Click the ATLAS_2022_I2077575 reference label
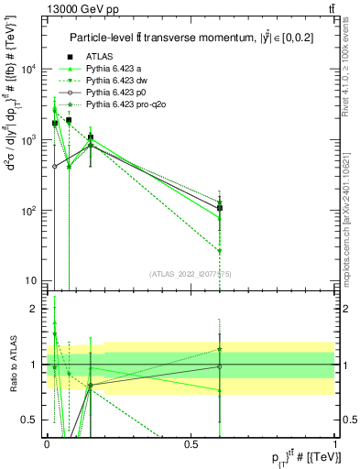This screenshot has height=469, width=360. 191,273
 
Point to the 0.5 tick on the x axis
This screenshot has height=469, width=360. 191,443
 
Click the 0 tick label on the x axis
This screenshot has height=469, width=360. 47,443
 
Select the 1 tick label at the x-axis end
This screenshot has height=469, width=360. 335,443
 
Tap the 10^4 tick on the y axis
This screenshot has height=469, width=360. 29,70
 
